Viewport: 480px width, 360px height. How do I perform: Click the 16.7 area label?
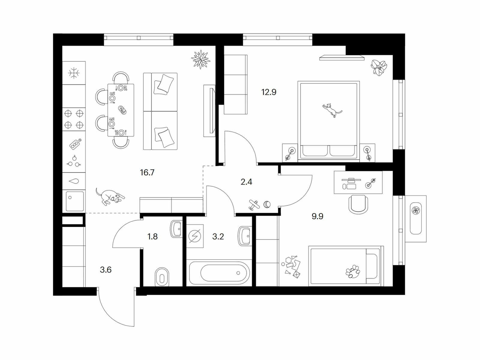147,173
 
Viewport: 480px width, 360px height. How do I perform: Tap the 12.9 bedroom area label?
269,92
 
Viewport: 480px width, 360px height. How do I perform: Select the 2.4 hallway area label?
247,181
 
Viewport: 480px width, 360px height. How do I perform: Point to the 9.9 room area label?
317,216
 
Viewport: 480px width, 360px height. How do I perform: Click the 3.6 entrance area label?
106,270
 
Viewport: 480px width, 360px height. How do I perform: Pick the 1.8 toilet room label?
152,236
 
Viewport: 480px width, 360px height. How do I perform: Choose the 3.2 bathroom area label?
218,236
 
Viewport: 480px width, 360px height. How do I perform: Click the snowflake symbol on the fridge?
74,73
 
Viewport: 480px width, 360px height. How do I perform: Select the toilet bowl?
162,277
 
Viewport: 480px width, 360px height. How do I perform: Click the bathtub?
219,273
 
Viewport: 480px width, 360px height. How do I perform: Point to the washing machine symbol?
195,236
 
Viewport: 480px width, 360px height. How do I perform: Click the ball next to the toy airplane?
267,204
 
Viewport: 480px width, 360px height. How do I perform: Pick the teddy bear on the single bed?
352,271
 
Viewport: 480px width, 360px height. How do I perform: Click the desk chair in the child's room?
358,204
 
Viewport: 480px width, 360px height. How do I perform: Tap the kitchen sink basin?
75,201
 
